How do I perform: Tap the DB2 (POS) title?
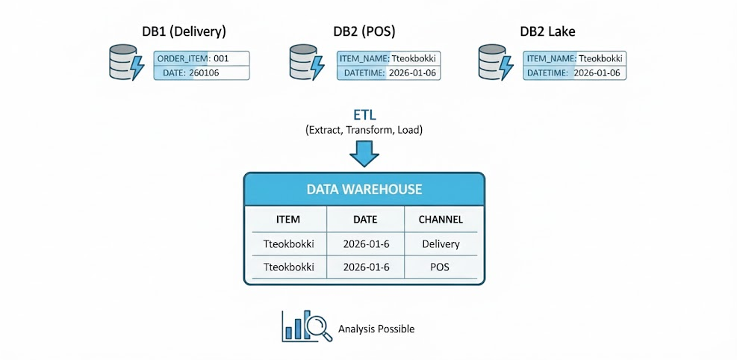364,31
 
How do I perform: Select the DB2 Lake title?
547,31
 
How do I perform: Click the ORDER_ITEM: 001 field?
202,58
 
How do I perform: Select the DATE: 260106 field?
202,72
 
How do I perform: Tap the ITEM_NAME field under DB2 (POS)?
387,58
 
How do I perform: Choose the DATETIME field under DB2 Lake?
574,72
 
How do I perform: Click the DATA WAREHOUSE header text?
364,190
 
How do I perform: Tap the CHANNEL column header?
441,220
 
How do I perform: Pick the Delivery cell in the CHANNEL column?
441,243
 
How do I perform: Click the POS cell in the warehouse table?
441,267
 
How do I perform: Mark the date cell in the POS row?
366,267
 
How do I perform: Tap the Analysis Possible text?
376,329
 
